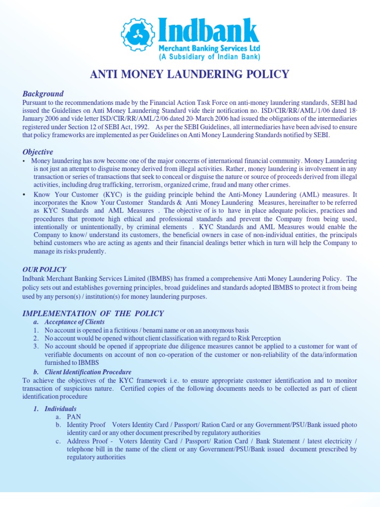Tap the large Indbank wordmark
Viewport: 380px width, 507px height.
point(208,31)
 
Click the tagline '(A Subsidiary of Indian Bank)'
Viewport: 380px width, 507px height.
point(209,57)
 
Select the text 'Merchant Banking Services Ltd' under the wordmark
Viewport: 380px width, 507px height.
point(209,49)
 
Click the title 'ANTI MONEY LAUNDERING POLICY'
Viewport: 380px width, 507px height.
point(190,75)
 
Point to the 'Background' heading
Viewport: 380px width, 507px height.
point(43,94)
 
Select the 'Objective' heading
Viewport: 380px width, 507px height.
point(38,152)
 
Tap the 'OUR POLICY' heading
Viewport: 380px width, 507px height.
point(44,269)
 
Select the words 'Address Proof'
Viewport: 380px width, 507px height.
point(87,441)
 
